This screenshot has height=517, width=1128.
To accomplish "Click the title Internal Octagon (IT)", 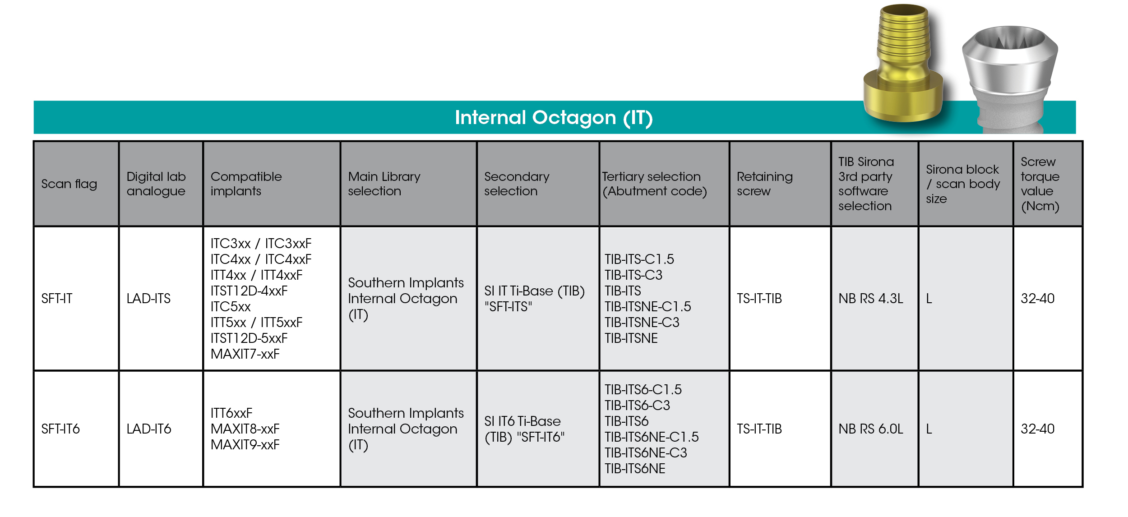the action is point(554,118).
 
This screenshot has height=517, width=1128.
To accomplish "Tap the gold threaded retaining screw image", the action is point(903,63).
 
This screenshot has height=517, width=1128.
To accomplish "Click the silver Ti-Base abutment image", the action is point(1010,79).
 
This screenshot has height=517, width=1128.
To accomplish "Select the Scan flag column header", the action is point(69,184).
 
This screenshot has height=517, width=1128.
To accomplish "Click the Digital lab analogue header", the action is point(156,184).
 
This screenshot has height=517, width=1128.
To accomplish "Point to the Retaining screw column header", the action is point(765,184).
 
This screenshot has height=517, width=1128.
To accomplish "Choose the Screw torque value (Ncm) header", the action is point(1040,184).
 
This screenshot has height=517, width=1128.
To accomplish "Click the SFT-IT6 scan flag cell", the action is point(60,429).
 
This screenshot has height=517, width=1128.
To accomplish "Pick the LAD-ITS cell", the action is point(148,298).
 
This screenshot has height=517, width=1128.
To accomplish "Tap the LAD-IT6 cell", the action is point(149,429).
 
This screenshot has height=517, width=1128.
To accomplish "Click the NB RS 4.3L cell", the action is point(871,298).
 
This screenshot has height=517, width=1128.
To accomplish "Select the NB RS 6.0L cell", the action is point(871,429).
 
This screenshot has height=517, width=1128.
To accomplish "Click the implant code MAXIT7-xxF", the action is point(245,354).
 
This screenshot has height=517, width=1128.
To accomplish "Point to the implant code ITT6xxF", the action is point(231,413).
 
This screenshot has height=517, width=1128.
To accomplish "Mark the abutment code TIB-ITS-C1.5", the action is point(639,259).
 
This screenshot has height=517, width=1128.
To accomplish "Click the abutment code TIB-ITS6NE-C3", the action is point(646,453).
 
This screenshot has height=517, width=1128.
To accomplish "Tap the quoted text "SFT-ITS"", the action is point(508,307).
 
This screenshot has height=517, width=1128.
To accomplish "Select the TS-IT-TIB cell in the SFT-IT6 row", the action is point(759,429).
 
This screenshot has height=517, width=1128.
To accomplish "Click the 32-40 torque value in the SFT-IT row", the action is point(1038,298).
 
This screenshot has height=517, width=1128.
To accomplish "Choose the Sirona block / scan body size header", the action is point(963,184).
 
